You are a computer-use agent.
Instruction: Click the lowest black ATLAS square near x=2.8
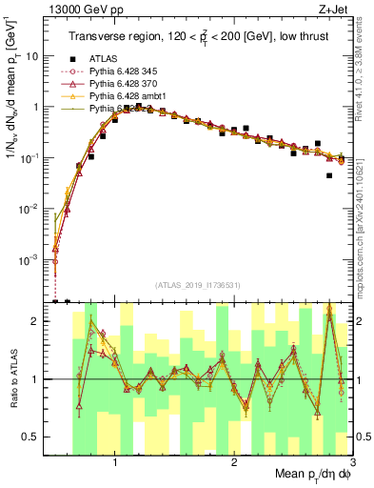point(329,175)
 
